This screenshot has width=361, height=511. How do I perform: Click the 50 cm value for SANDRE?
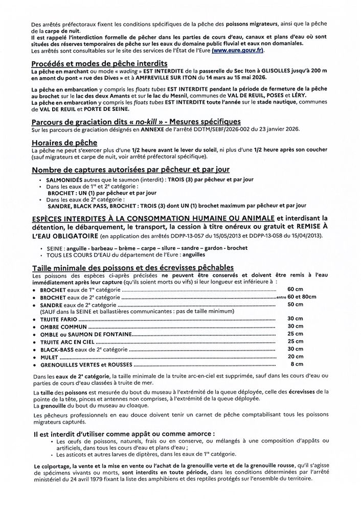[x=295, y=305]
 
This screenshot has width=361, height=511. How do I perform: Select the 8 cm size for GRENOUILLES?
[x=297, y=365]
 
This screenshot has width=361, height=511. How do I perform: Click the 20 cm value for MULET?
[x=295, y=356]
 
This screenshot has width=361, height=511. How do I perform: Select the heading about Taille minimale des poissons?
[x=132, y=268]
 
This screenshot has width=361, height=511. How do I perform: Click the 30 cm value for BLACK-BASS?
[x=295, y=349]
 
